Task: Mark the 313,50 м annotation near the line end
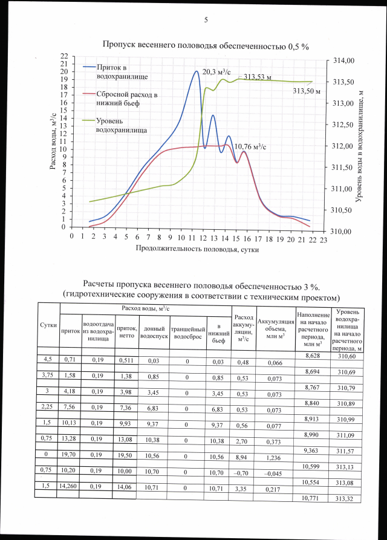pyautogui.click(x=307, y=91)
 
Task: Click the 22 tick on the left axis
pyautogui.click(x=63, y=56)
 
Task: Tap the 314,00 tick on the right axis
pyautogui.click(x=343, y=60)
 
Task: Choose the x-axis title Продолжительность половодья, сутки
pyautogui.click(x=192, y=249)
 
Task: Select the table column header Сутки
pyautogui.click(x=48, y=325)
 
